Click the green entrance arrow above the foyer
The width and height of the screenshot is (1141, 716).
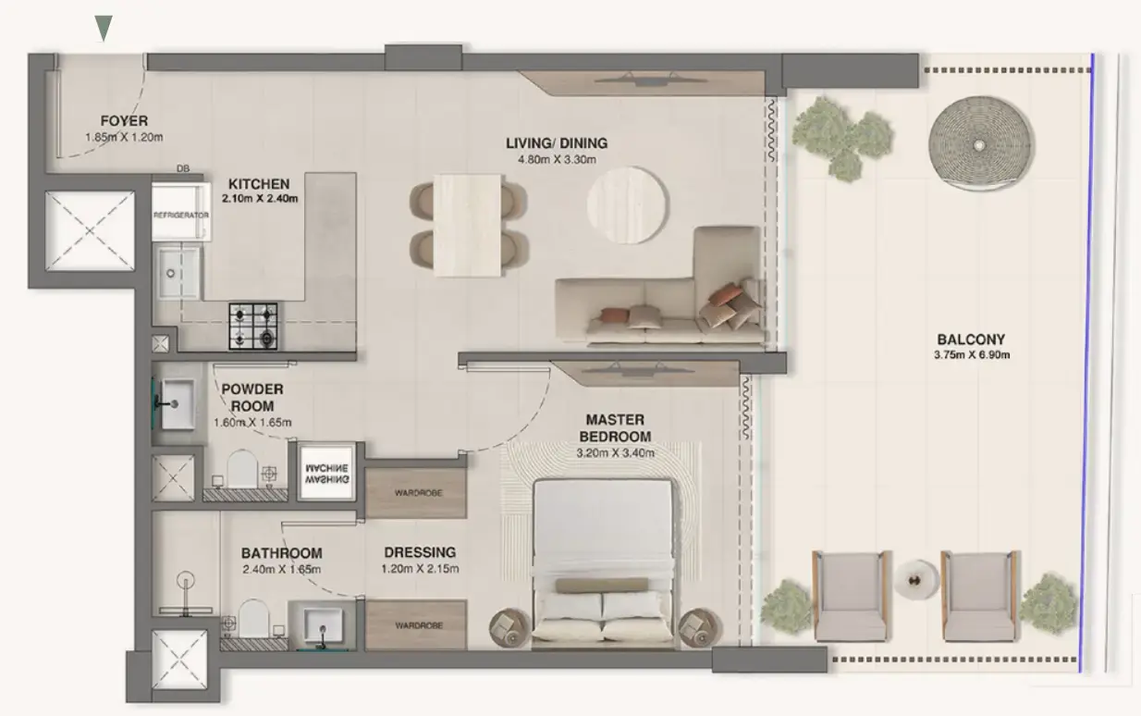104,29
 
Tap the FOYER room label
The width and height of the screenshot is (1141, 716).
124,121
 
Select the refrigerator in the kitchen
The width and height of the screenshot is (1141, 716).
179,214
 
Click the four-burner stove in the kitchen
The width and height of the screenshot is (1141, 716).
253,327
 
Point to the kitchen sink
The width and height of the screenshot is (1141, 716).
177,272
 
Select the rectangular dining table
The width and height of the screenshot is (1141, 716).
468,225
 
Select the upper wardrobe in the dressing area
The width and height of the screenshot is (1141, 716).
417,493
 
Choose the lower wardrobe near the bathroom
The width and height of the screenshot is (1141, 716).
417,625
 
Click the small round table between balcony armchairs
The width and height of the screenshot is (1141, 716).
915,580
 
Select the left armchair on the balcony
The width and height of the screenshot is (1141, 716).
849,594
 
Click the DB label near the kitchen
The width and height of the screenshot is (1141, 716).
182,169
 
